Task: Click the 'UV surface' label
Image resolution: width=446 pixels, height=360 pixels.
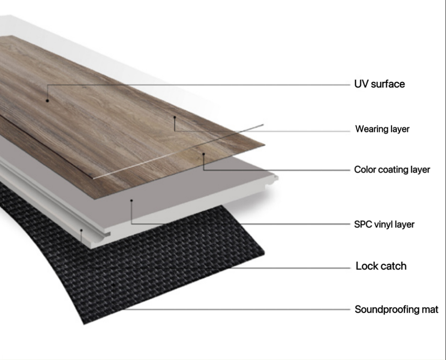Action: pyautogui.click(x=379, y=84)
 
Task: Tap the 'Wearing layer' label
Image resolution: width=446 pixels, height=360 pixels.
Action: pyautogui.click(x=382, y=129)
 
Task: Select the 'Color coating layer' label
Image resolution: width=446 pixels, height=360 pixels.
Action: pyautogui.click(x=392, y=170)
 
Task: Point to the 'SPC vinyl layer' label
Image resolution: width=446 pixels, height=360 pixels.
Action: pyautogui.click(x=384, y=224)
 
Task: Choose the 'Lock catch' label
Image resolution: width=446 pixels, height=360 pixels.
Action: pyautogui.click(x=381, y=266)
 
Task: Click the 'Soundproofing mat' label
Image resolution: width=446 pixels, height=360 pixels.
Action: pyautogui.click(x=396, y=309)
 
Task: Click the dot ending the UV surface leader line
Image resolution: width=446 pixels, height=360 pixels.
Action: pyautogui.click(x=47, y=100)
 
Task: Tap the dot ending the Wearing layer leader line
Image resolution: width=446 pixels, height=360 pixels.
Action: pyautogui.click(x=175, y=117)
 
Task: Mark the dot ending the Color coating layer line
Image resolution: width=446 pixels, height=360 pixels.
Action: pyautogui.click(x=203, y=153)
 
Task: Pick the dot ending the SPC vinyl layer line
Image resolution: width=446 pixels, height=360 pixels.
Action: pyautogui.click(x=131, y=201)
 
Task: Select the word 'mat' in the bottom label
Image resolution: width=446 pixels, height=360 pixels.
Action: pyautogui.click(x=430, y=309)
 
